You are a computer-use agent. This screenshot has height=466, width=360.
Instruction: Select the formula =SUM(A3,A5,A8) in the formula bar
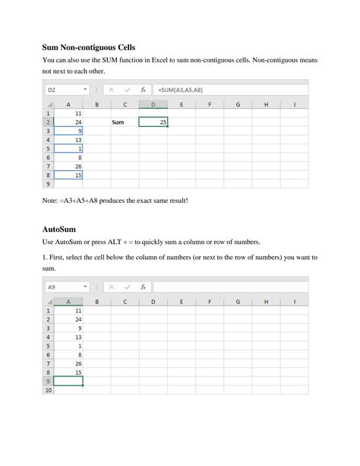(x=180, y=90)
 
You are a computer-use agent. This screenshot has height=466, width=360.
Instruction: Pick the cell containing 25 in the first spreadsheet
(x=154, y=122)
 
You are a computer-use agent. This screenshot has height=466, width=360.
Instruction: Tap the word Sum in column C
(x=118, y=122)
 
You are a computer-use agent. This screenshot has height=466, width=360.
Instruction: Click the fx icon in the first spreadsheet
(x=143, y=90)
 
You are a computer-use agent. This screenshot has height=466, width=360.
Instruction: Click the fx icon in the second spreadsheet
(x=143, y=287)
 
